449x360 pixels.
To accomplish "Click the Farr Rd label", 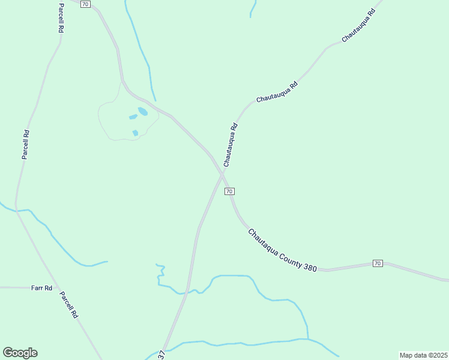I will [x=42, y=288].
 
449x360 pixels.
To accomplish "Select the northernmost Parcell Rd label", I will [x=61, y=17].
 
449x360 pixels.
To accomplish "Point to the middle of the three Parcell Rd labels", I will [x=26, y=145].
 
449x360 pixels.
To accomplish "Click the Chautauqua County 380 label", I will [x=282, y=250].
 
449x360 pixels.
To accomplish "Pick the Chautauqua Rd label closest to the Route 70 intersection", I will [x=231, y=145].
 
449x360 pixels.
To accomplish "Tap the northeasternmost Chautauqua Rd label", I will [x=358, y=26].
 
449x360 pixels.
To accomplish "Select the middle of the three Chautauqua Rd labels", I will [x=277, y=93].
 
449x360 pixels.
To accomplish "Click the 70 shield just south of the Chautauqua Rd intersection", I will [x=229, y=191].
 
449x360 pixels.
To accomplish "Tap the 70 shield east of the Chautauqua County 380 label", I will [x=377, y=263].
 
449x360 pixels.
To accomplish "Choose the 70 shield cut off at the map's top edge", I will [x=85, y=4].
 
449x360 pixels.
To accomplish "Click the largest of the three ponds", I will [x=143, y=111].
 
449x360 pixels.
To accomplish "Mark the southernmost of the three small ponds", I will [x=136, y=133].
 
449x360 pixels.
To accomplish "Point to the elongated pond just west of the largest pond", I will [x=133, y=117].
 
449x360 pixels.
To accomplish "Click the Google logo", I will [x=20, y=353].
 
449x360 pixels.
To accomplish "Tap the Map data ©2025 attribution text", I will [x=423, y=355].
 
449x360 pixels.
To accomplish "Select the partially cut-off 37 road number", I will [x=162, y=355].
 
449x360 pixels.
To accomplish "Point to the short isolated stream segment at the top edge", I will [x=253, y=8].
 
